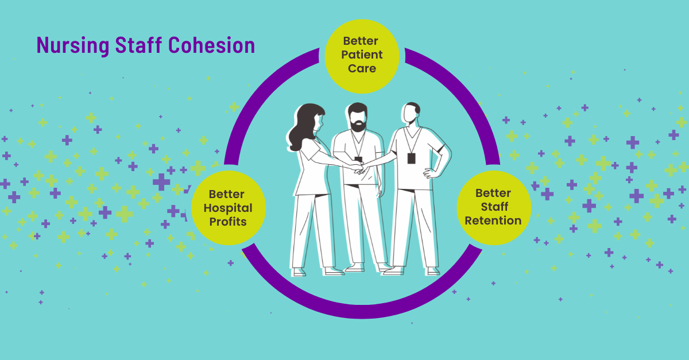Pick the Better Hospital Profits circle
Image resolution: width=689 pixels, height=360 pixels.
[227, 207]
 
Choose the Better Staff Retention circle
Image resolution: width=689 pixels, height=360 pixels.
[493, 207]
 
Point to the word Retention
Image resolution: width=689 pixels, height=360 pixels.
[493, 220]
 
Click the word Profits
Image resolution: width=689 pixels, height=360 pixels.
[227, 221]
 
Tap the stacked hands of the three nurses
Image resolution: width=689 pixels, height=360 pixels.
[359, 167]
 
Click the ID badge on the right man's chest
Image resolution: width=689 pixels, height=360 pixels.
[411, 158]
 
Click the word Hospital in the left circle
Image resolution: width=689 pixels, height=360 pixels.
[227, 207]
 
